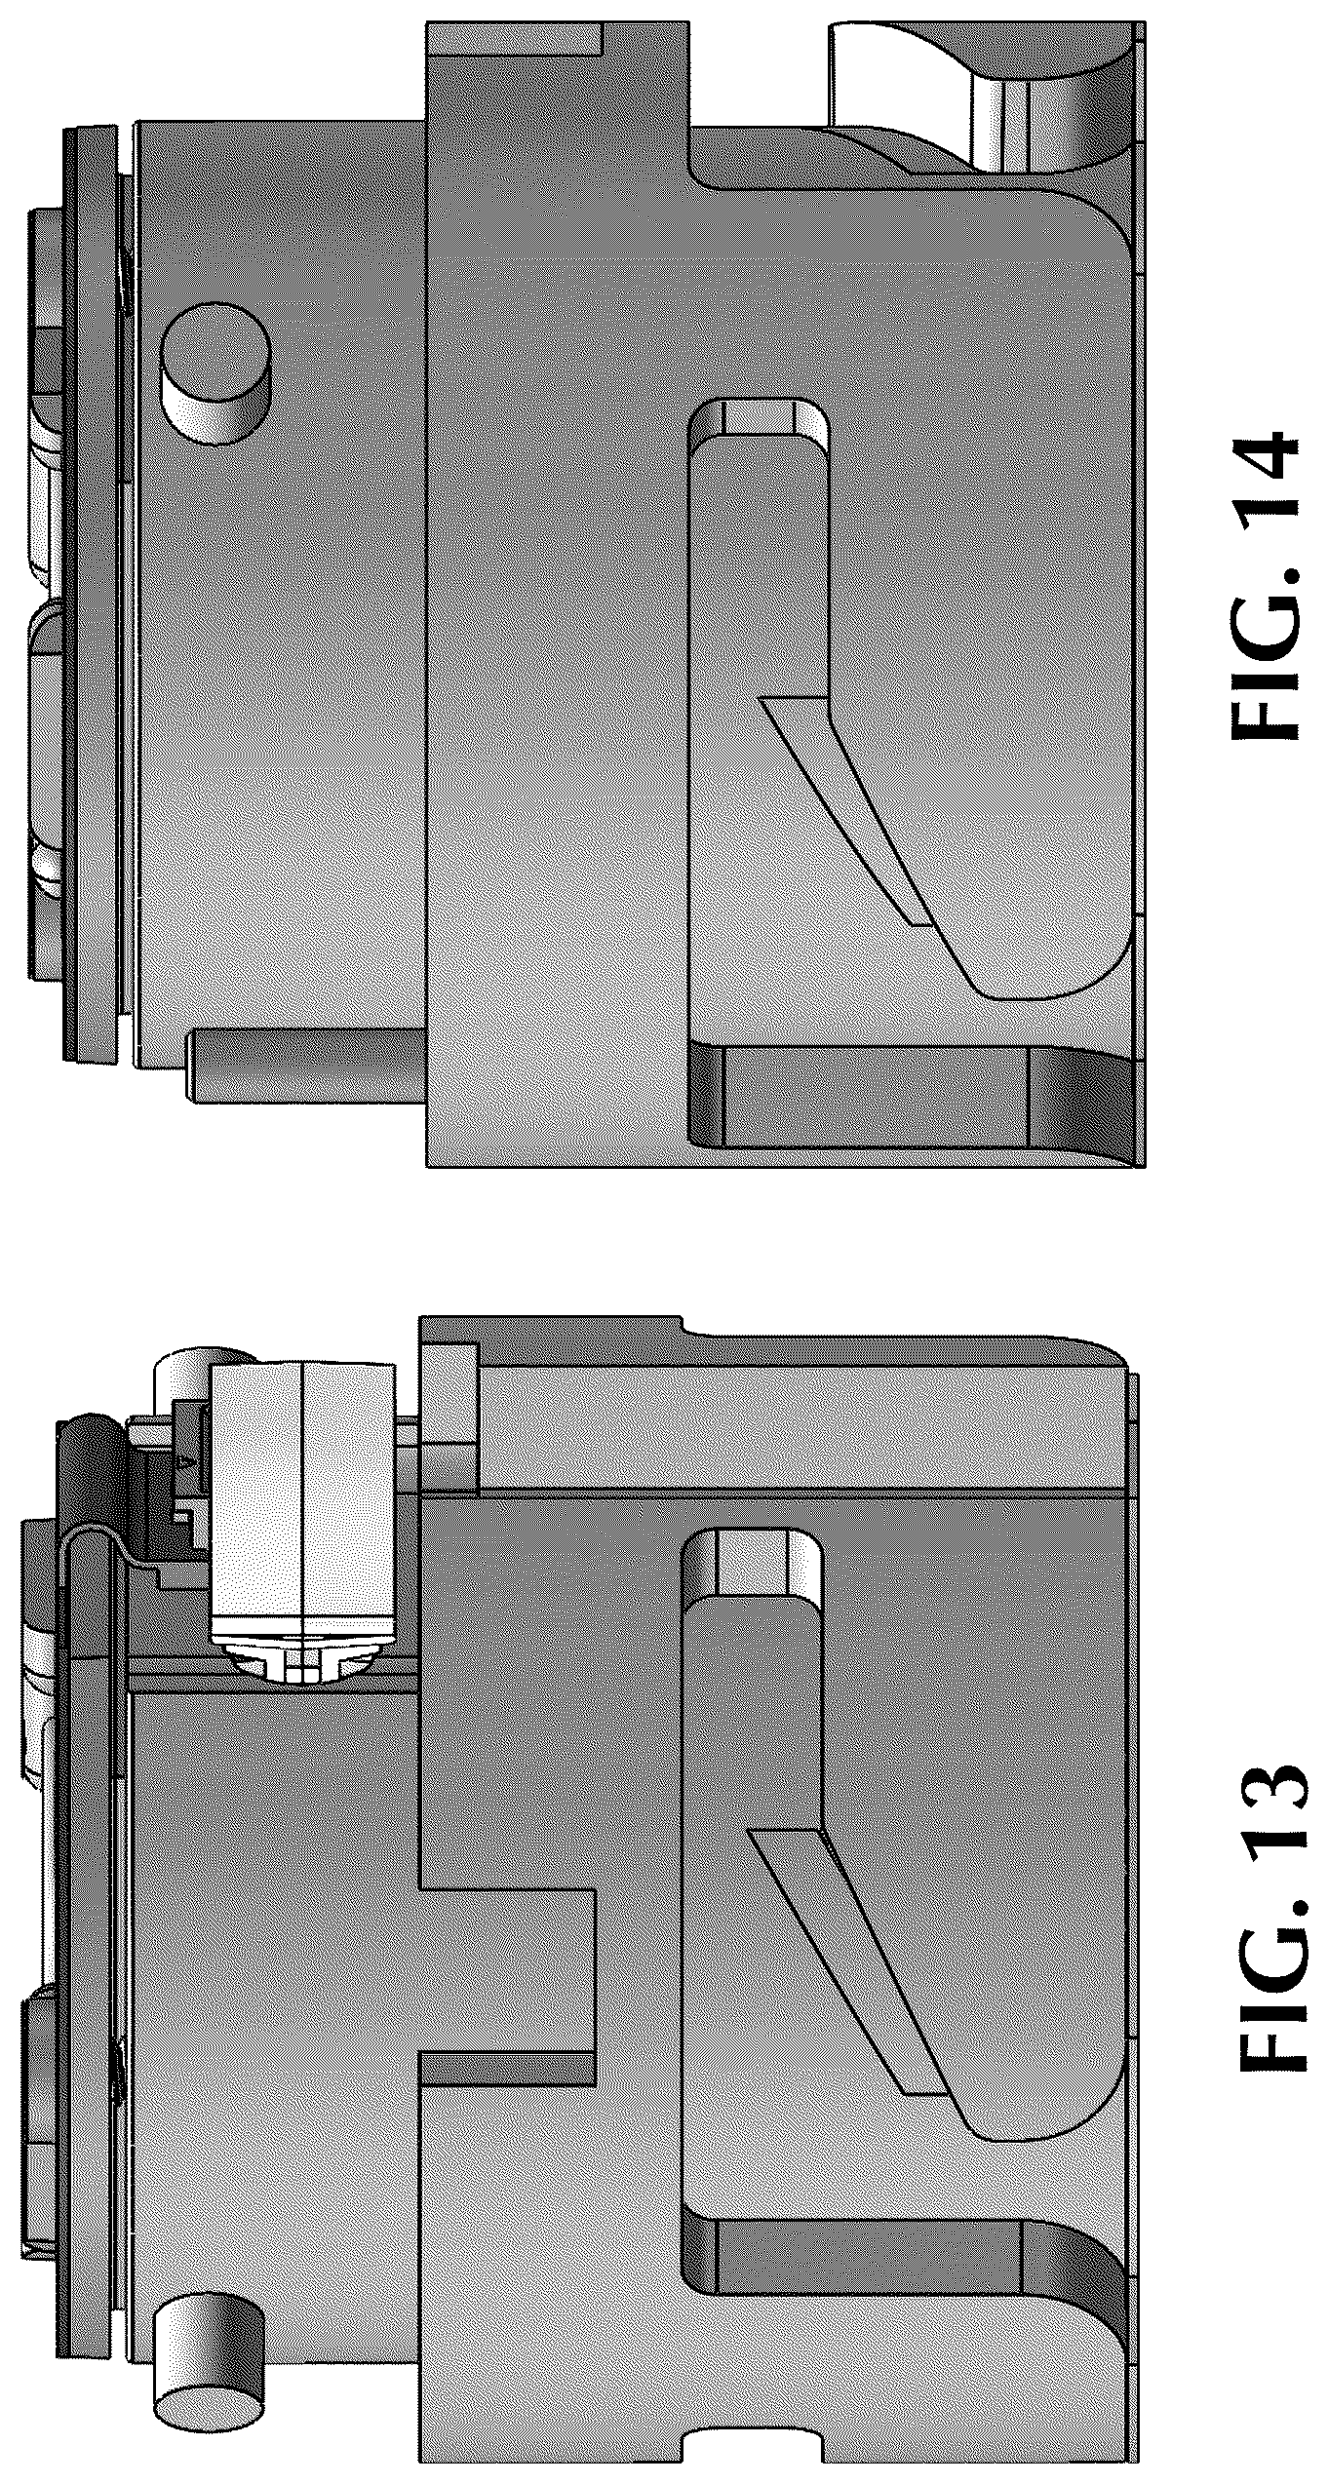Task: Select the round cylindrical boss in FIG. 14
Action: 215,373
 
